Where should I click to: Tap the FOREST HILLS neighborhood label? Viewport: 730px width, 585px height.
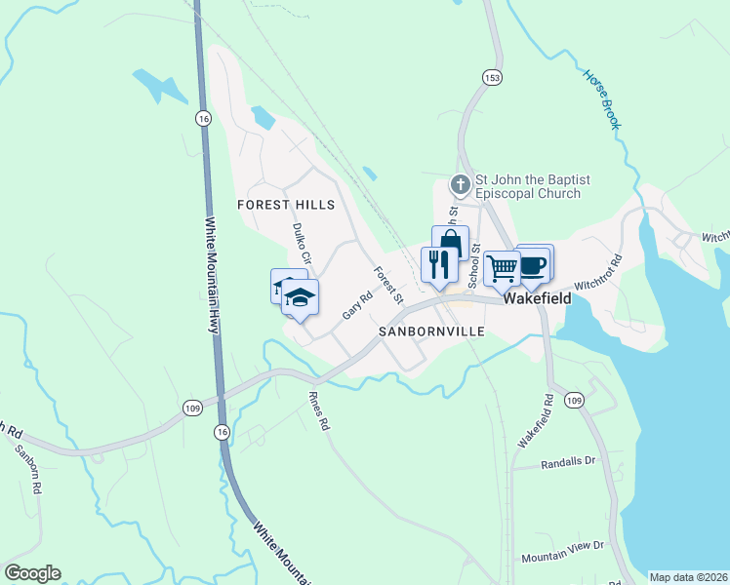286,205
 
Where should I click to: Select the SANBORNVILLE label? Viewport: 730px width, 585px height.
432,331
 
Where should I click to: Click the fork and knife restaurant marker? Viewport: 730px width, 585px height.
435,263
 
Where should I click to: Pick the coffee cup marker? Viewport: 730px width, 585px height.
534,262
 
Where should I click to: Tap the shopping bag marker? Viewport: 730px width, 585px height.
450,243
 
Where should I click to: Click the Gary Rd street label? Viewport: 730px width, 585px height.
357,305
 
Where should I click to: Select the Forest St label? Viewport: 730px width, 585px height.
387,284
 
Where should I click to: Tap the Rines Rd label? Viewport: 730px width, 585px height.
319,411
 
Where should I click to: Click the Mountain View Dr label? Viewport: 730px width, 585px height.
563,553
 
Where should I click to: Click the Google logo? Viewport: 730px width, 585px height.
32,573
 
